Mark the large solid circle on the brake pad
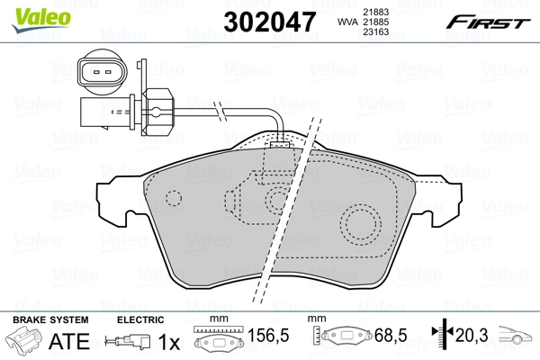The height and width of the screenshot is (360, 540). (x=362, y=220)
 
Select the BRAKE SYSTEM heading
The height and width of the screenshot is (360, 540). (x=49, y=319)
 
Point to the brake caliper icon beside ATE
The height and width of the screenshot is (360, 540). (x=24, y=343)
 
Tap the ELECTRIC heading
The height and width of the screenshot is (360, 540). (x=140, y=319)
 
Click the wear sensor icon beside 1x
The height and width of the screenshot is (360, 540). (x=128, y=343)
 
